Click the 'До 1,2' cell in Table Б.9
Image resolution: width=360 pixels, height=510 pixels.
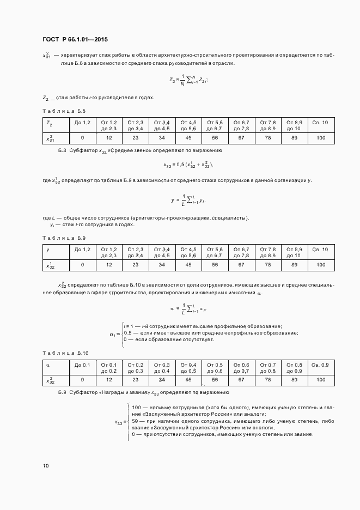click(x=82, y=249)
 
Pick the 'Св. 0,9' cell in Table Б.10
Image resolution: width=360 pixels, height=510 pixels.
click(x=320, y=365)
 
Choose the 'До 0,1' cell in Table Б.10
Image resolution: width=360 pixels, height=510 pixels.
click(x=82, y=365)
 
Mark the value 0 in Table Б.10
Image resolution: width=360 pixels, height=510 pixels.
click(x=82, y=380)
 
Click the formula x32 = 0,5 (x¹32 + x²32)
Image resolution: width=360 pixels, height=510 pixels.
click(x=188, y=164)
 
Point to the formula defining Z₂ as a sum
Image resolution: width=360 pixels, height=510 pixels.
click(x=188, y=80)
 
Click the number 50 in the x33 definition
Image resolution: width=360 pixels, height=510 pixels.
click(x=136, y=421)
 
